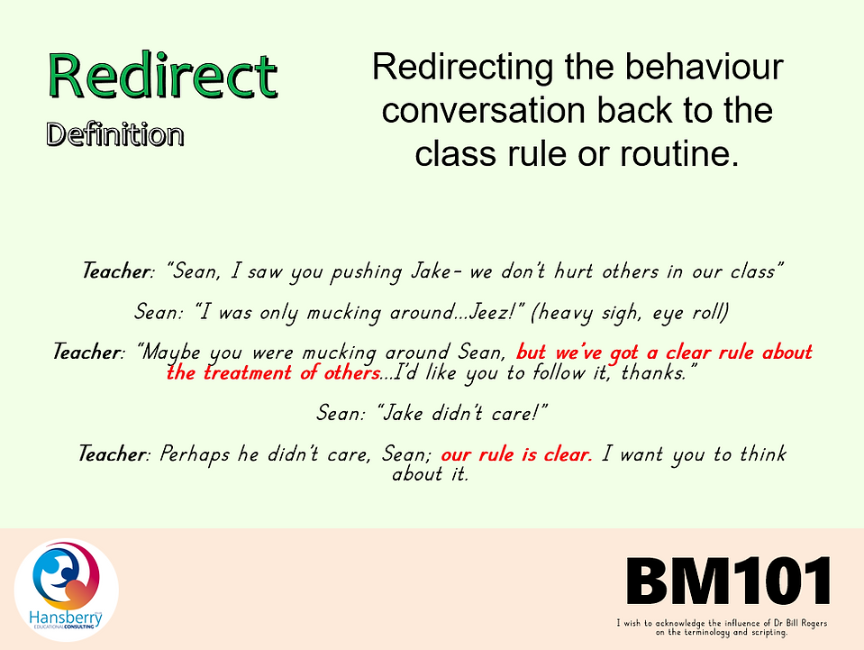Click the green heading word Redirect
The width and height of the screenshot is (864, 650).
click(x=163, y=76)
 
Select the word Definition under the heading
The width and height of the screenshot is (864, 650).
click(x=115, y=134)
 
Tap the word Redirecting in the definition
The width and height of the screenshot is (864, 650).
click(x=462, y=69)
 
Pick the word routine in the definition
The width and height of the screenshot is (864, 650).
click(x=679, y=152)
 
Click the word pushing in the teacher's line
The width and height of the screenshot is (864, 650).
click(x=365, y=272)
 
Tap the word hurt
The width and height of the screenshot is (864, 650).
click(x=574, y=271)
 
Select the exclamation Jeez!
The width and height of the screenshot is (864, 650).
click(x=496, y=313)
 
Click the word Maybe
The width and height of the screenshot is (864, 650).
click(x=168, y=352)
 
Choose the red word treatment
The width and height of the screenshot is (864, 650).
click(x=248, y=373)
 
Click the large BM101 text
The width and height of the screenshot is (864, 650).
click(x=729, y=581)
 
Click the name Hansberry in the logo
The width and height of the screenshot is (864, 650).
click(x=66, y=618)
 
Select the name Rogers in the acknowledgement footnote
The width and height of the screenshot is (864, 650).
click(x=813, y=623)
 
